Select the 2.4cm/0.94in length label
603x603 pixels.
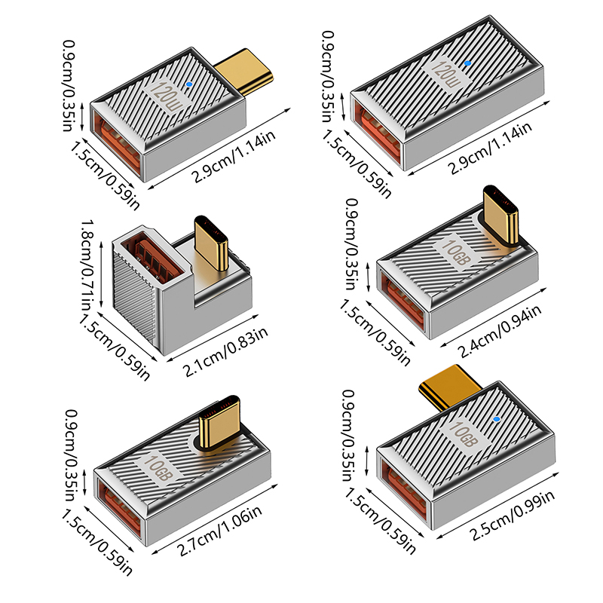point(500,331)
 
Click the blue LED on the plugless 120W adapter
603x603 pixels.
point(467,63)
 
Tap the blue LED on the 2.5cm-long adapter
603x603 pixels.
point(497,419)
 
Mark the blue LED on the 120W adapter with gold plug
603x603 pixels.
point(188,84)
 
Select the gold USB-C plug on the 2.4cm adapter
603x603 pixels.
point(500,216)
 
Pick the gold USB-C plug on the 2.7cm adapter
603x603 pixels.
point(220,423)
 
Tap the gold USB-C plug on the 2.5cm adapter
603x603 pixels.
point(449,386)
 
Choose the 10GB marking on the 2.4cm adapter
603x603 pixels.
point(456,252)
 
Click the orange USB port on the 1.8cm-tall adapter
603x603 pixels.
point(157,256)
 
